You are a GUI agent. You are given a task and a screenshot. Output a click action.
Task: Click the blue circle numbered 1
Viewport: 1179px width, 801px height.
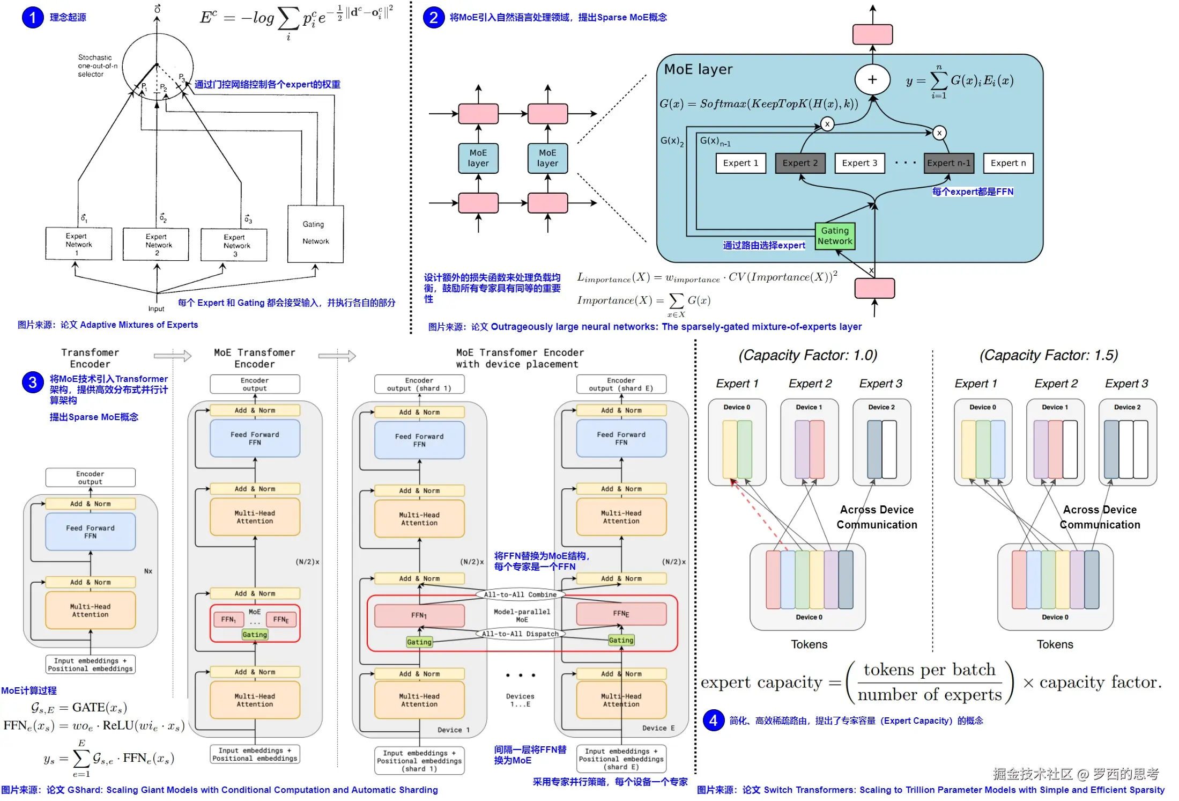[33, 17]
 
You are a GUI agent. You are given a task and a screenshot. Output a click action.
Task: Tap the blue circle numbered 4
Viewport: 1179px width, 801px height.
[713, 720]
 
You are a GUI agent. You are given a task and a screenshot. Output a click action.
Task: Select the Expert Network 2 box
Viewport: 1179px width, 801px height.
[156, 245]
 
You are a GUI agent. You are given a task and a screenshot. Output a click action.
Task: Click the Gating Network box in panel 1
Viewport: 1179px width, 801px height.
[315, 233]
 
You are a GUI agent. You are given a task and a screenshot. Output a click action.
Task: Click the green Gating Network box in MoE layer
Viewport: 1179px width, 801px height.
[835, 236]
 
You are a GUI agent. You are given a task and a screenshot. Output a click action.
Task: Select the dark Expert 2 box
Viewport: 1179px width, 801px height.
[800, 163]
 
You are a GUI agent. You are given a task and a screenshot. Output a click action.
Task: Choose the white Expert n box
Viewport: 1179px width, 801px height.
[1008, 163]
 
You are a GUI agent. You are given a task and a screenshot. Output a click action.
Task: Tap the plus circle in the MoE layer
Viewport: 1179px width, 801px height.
[872, 79]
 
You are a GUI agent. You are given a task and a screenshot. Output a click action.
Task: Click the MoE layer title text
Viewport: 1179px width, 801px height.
[698, 69]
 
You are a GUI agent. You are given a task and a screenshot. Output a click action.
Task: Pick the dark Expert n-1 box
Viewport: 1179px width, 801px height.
[948, 163]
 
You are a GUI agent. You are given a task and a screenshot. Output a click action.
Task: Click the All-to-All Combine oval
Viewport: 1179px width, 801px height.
[520, 594]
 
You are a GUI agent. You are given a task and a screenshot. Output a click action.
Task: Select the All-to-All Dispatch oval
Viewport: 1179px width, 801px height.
[520, 634]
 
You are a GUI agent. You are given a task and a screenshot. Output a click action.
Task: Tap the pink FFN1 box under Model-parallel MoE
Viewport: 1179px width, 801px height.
[419, 615]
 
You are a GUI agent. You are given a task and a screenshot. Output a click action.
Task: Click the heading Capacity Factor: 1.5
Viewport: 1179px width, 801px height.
[1049, 355]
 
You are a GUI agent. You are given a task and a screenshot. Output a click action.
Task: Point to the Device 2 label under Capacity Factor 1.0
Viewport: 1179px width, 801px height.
[881, 407]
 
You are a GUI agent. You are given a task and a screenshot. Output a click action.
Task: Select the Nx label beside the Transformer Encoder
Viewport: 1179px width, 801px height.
[148, 571]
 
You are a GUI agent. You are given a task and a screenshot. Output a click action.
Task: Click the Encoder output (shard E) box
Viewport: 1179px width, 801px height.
[621, 384]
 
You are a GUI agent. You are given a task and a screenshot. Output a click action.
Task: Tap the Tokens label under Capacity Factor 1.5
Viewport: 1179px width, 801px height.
[1055, 644]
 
